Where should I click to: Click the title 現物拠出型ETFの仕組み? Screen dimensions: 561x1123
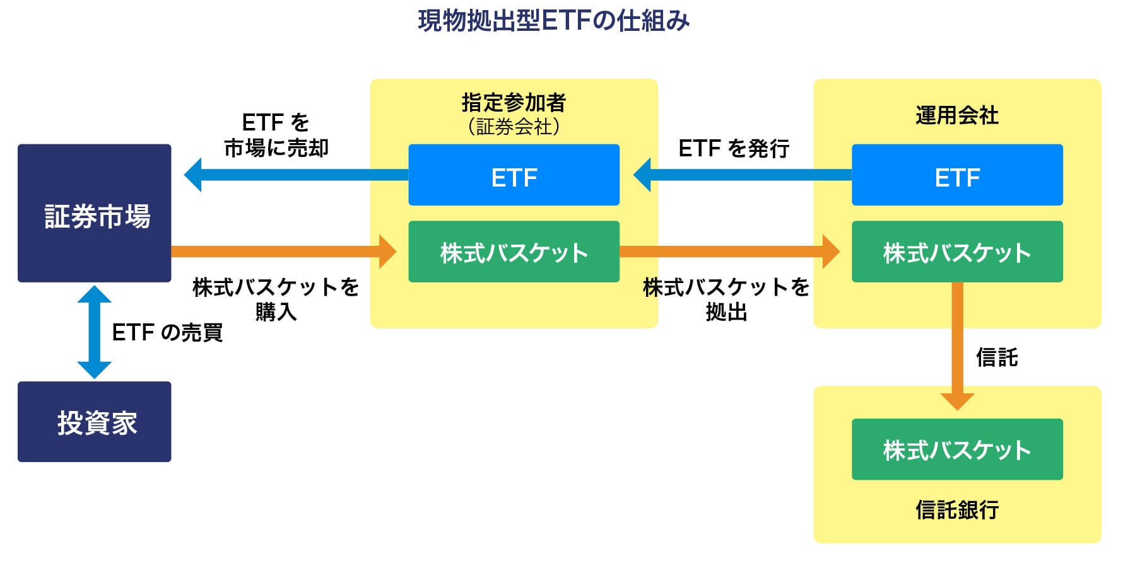tap(553, 21)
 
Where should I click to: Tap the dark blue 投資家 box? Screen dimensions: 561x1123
tap(95, 422)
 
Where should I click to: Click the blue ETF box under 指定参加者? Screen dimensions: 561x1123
tap(514, 175)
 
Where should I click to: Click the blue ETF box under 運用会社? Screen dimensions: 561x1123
tap(957, 175)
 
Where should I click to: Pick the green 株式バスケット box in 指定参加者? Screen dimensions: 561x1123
tap(514, 252)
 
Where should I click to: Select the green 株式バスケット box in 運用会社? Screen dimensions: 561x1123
tap(957, 252)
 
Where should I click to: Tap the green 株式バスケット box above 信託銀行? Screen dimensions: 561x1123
tap(957, 449)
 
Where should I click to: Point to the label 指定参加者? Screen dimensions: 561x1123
tap(514, 102)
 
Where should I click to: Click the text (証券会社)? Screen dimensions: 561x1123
tap(514, 127)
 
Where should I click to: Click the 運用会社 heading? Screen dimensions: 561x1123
tap(957, 115)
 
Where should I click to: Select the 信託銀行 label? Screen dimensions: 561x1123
tap(957, 509)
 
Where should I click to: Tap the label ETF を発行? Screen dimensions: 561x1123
tap(734, 148)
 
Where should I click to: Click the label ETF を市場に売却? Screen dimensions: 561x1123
tap(276, 135)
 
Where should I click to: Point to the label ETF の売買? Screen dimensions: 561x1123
tap(167, 332)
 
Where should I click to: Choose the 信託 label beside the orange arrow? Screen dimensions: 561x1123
tap(997, 357)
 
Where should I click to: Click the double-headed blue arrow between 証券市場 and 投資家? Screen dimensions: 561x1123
tap(95, 332)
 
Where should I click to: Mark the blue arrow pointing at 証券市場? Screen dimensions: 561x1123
tap(297, 175)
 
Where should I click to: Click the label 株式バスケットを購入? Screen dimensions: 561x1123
tap(276, 299)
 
